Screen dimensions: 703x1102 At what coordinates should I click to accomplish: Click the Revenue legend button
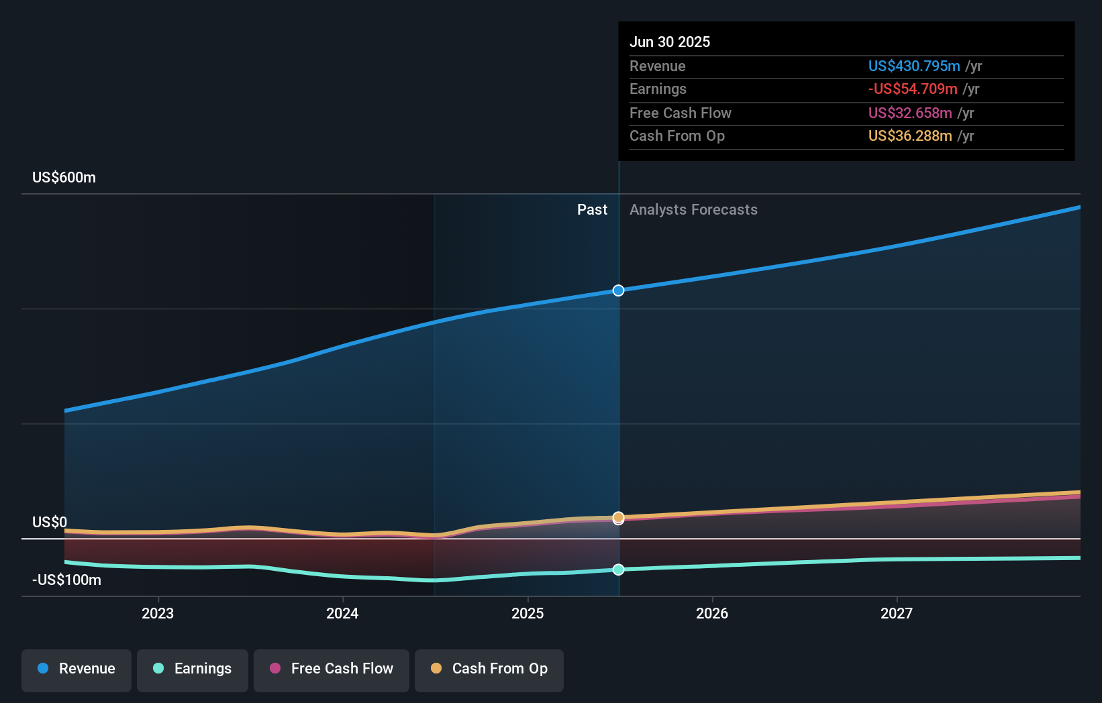[x=77, y=669]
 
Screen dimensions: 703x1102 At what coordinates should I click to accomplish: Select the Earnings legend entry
[x=193, y=669]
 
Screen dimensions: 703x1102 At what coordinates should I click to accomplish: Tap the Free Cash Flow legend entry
[x=332, y=669]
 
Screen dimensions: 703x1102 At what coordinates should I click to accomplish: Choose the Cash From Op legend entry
[x=489, y=669]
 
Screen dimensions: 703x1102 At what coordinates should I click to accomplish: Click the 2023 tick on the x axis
[x=158, y=613]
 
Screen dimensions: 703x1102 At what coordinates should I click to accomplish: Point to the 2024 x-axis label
[x=342, y=613]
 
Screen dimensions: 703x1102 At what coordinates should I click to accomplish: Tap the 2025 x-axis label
[x=528, y=613]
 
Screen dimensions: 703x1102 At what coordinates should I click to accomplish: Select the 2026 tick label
[x=712, y=613]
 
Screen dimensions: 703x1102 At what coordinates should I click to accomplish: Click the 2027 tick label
[x=897, y=613]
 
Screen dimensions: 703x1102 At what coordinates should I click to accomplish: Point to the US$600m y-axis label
[x=64, y=178]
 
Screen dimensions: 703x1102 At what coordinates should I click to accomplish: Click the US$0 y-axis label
[x=50, y=522]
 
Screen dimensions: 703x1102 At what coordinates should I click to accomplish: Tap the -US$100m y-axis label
[x=66, y=580]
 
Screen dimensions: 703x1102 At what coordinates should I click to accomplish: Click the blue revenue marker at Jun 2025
[x=619, y=290]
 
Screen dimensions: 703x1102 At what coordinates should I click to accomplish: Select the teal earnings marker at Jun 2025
[x=619, y=570]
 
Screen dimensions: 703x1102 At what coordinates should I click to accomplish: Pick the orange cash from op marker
[x=619, y=517]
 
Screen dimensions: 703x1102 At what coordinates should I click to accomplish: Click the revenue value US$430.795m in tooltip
[x=913, y=66]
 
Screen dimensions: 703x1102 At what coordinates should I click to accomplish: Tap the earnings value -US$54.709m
[x=912, y=89]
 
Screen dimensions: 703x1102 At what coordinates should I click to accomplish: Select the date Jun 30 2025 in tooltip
[x=669, y=42]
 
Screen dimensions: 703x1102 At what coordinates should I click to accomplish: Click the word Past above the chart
[x=592, y=210]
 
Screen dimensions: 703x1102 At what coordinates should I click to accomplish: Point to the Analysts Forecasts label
[x=693, y=210]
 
